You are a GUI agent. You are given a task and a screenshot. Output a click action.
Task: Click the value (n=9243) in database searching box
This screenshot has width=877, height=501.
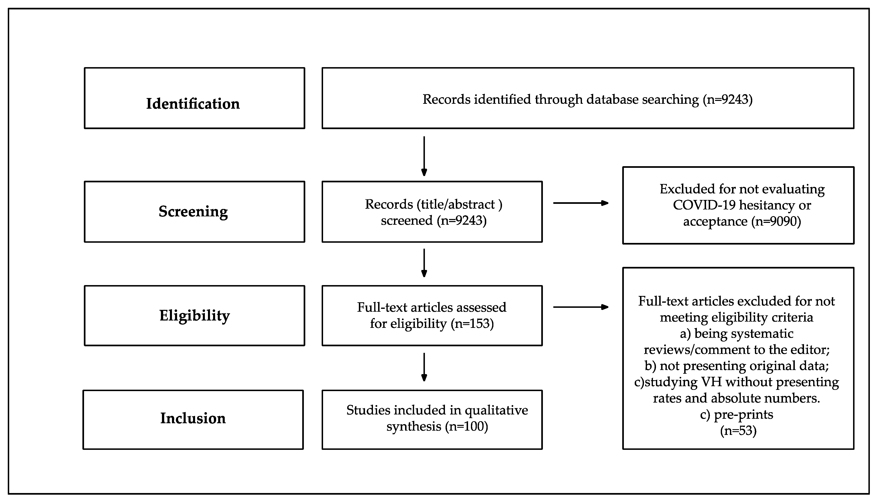pos(728,99)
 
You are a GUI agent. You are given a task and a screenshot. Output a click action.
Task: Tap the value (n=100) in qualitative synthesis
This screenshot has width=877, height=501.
pos(467,426)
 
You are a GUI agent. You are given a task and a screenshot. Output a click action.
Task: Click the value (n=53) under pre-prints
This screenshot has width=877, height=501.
pos(738,431)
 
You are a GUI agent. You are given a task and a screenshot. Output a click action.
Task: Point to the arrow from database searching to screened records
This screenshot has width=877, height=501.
pos(424,156)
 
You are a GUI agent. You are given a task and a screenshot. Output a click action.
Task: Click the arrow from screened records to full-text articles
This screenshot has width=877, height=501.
pos(424,263)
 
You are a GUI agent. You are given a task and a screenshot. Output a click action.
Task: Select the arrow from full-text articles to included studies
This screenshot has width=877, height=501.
pos(424,367)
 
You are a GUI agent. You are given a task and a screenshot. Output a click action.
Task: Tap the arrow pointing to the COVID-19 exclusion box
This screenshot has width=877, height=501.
pos(581,203)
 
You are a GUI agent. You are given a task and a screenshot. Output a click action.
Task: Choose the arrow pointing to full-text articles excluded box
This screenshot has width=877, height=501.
pos(581,307)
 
